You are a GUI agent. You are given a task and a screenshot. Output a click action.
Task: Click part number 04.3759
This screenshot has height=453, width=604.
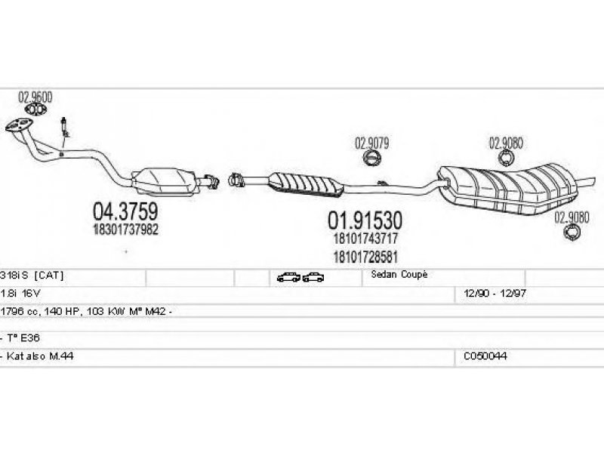124,210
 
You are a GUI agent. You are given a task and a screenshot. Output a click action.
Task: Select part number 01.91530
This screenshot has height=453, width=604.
364,220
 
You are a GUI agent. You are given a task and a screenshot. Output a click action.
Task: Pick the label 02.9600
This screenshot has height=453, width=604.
35,97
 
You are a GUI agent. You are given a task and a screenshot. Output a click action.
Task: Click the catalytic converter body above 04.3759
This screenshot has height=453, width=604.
163,179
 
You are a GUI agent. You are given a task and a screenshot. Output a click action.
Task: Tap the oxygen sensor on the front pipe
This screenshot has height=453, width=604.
66,128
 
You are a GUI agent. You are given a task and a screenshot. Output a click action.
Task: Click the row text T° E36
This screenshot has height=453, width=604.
18,338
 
